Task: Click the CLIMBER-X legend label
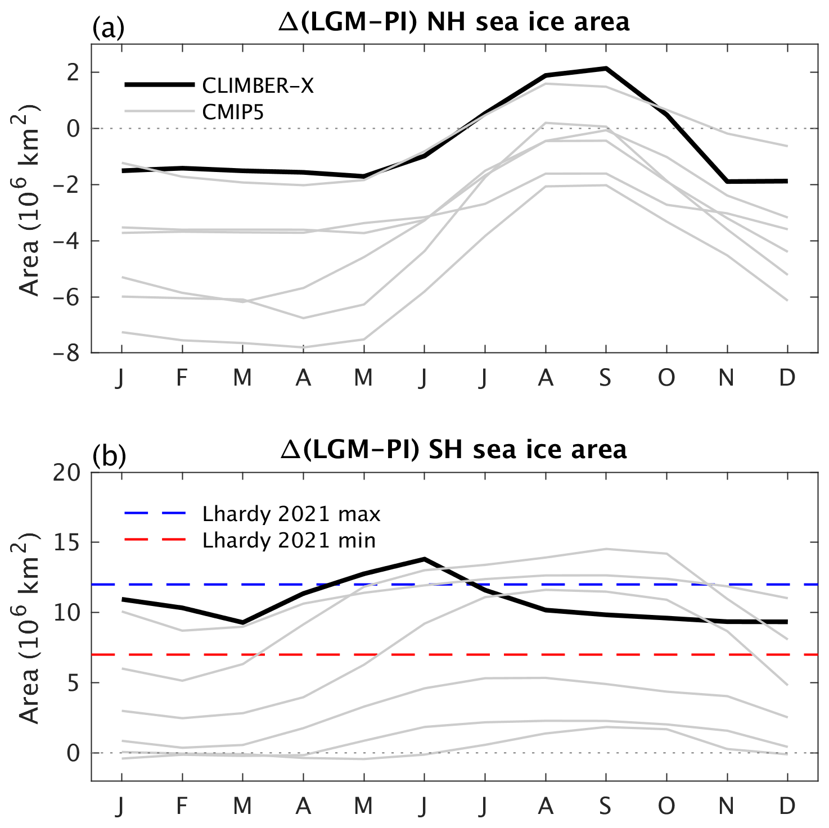pos(258,85)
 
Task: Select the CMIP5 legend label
pos(233,112)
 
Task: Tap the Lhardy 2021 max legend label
pos(291,514)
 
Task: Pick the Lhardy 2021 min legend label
pos(289,540)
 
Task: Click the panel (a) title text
pos(454,22)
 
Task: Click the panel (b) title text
pos(453,450)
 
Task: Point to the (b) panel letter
pos(109,456)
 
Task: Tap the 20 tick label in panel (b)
pos(67,472)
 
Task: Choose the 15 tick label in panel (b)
pos(67,542)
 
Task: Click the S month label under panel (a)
pos(605,378)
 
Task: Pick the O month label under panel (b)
pos(666,806)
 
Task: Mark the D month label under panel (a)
pos(787,378)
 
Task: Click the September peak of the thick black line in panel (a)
pos(606,69)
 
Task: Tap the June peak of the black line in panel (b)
pos(424,559)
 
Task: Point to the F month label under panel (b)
pos(182,806)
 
